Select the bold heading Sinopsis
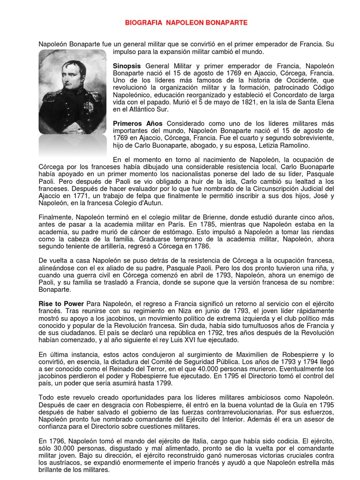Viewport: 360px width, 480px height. (127, 67)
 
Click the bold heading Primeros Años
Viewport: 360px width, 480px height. (138, 123)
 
